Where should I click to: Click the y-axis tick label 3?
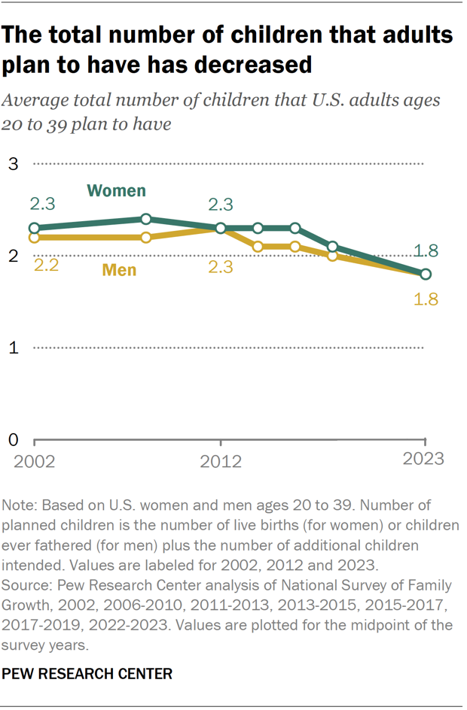point(13,163)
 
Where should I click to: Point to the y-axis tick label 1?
point(13,347)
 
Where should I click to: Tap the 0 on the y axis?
point(13,439)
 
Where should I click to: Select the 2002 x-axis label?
point(34,460)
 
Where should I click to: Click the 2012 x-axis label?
point(221,460)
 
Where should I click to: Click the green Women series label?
point(116,190)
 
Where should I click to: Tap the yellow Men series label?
point(119,269)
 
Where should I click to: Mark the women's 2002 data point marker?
point(34,228)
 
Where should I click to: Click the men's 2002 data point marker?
point(34,238)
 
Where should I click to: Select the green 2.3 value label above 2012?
point(220,204)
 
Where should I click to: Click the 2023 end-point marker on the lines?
point(426,274)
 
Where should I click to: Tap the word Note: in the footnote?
point(23,505)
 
